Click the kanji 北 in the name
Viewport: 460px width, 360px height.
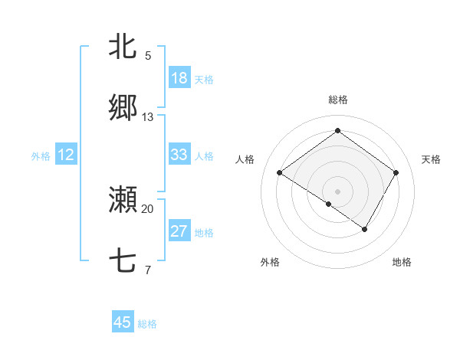(123, 47)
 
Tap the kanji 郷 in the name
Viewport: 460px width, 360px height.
(123, 108)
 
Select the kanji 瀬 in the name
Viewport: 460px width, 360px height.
(123, 200)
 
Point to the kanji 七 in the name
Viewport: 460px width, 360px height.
(123, 261)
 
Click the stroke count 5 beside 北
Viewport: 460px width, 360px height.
(148, 55)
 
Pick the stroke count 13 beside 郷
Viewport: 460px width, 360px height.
(148, 117)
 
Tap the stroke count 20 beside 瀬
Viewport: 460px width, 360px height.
(148, 208)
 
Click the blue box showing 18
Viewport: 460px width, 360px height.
(179, 78)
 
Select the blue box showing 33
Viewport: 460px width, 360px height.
(179, 155)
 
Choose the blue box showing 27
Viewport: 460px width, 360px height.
(179, 231)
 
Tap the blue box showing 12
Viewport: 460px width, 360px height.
(66, 155)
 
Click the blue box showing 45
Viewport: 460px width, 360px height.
(123, 322)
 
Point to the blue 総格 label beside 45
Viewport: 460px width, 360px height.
(147, 324)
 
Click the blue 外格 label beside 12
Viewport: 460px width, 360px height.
(41, 156)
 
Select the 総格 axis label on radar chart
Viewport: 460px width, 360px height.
(338, 100)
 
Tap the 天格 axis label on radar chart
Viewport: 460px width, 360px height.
(431, 159)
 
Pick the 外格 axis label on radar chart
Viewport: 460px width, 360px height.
(270, 262)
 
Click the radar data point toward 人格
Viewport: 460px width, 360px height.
(280, 173)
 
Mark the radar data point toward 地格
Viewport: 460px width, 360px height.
(365, 229)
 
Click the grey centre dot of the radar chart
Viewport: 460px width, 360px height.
(337, 191)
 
